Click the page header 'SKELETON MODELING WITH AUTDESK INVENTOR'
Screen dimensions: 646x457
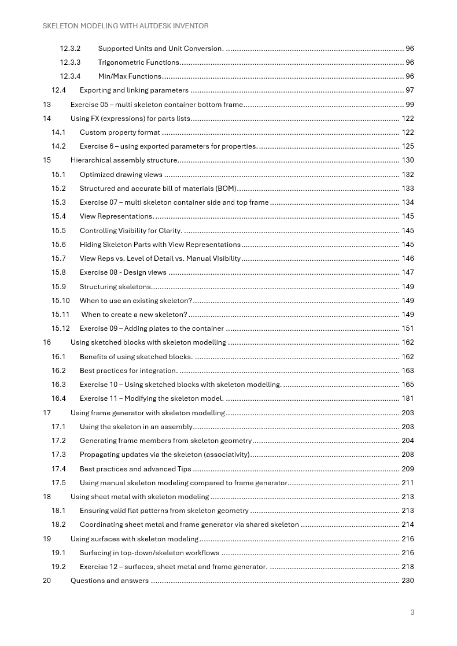126,26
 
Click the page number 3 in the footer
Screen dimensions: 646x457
412,612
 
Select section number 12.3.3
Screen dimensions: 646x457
70,62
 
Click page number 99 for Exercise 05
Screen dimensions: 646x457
410,105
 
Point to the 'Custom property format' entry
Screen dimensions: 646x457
120,132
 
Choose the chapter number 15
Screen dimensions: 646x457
47,160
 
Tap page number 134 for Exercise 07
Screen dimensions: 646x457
407,202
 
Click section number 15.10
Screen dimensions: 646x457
60,301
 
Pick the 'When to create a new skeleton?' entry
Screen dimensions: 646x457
134,315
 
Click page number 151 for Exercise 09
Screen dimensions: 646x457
407,328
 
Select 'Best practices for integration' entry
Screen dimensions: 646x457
128,371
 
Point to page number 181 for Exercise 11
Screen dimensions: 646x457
407,398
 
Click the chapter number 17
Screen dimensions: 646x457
47,413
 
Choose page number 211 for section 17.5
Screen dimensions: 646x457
407,483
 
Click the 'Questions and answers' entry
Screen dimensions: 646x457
109,581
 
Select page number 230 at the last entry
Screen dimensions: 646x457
407,581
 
